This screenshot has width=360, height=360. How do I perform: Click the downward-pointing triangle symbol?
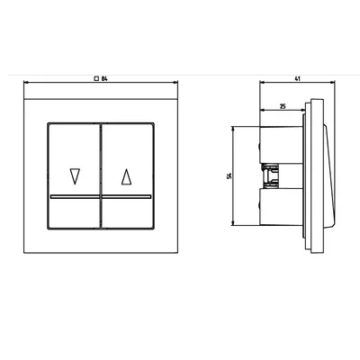pyautogui.click(x=75, y=176)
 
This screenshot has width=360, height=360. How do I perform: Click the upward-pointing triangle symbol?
pyautogui.click(x=127, y=176)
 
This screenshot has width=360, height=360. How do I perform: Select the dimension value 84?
pyautogui.click(x=104, y=79)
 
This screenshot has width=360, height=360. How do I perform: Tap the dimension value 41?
pyautogui.click(x=297, y=79)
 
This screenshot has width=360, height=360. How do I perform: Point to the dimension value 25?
pyautogui.click(x=283, y=106)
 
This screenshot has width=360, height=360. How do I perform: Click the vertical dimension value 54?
pyautogui.click(x=229, y=176)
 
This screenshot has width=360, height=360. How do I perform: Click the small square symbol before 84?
pyautogui.click(x=96, y=79)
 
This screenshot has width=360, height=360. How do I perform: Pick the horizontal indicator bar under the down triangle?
pyautogui.click(x=75, y=197)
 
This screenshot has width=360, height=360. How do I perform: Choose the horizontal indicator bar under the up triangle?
pyautogui.click(x=127, y=197)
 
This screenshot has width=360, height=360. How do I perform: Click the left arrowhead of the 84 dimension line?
pyautogui.click(x=26, y=82)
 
